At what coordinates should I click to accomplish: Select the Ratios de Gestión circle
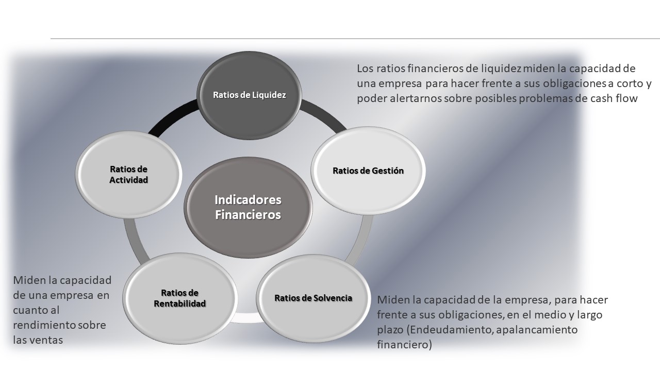click(x=368, y=171)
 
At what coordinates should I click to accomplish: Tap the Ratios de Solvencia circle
click(x=313, y=298)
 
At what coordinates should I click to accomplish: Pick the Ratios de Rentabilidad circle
click(x=179, y=298)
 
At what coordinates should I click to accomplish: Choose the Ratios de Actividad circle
click(x=129, y=175)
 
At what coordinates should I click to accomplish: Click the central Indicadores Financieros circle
click(x=248, y=207)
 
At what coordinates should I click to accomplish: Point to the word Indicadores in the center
click(x=248, y=199)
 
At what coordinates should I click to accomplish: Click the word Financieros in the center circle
click(x=248, y=215)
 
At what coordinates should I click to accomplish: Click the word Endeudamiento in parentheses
click(x=449, y=330)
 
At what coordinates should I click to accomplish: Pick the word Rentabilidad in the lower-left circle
click(x=180, y=303)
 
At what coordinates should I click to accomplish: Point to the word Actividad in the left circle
click(x=129, y=180)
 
